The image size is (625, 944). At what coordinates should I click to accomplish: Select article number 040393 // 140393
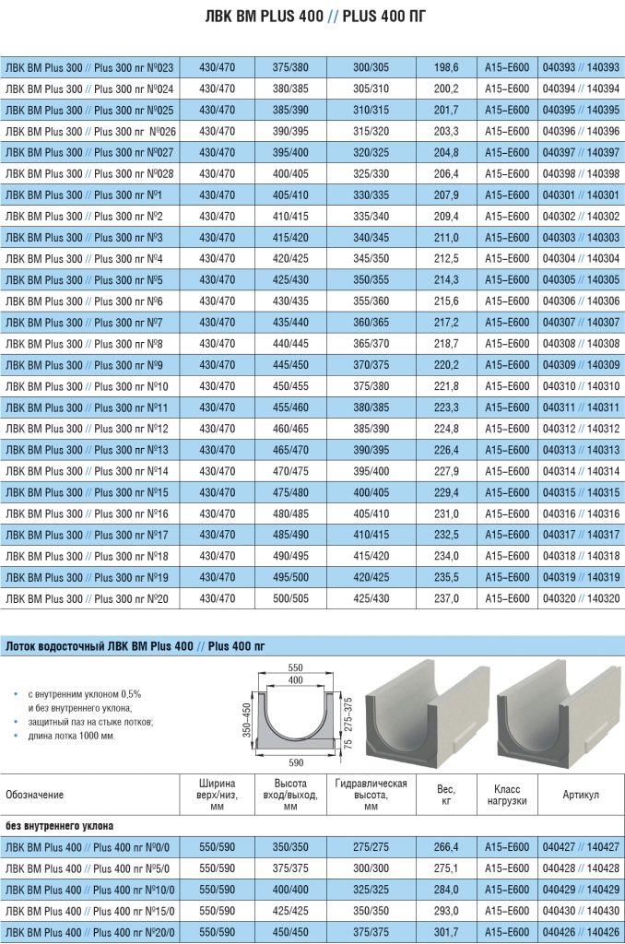coord(581,67)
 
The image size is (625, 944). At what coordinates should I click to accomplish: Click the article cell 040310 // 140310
coord(581,385)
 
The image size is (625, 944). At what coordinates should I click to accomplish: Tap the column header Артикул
coord(581,795)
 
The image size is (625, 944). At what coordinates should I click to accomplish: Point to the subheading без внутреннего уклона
coord(59,826)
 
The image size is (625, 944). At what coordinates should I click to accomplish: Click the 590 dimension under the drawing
coord(295,761)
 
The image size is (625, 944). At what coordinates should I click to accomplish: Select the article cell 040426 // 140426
coord(581,932)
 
